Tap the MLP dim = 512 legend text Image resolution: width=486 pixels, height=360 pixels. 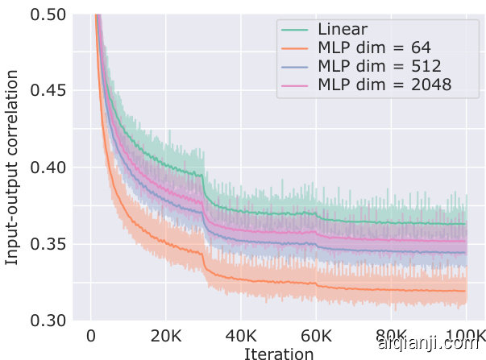point(380,66)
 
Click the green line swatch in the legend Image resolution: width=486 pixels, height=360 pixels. point(296,31)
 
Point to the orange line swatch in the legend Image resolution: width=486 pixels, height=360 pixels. point(296,48)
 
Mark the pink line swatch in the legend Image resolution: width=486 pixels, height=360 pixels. point(296,84)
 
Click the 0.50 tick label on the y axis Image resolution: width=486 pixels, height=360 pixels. point(48,15)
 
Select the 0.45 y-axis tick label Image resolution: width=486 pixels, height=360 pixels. point(48,91)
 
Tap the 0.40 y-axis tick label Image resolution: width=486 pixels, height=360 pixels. point(48,168)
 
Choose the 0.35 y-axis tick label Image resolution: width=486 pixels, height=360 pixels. point(48,244)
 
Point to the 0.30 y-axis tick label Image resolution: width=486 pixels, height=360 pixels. point(48,320)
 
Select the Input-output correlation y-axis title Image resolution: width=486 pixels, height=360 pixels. point(13,168)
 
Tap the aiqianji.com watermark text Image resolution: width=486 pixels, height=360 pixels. point(427,343)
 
